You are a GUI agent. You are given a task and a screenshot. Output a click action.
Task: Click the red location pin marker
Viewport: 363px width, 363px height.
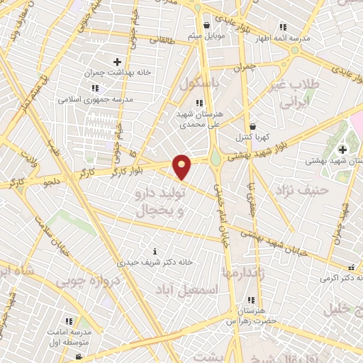(x=182, y=167)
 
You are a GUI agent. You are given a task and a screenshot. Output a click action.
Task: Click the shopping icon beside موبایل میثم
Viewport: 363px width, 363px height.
(x=206, y=25)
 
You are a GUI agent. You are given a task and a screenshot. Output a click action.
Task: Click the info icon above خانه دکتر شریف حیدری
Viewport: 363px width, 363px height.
(x=155, y=251)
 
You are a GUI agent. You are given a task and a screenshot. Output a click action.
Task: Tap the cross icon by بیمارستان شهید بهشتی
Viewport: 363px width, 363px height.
(x=342, y=150)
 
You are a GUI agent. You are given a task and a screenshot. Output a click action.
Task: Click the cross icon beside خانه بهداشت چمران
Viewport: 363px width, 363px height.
(x=117, y=62)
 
